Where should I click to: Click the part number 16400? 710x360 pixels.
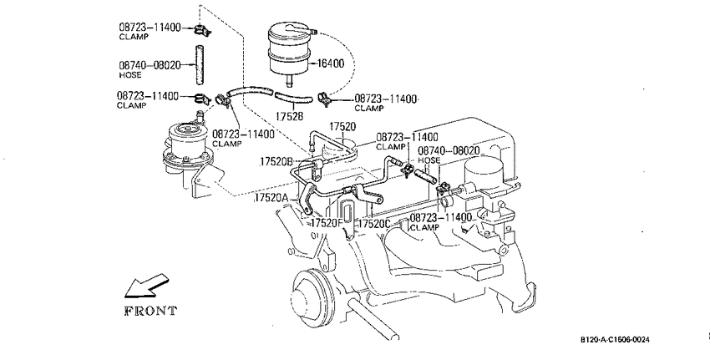[x=330, y=63]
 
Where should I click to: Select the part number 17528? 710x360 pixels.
[x=289, y=117]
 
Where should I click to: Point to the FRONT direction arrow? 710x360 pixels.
[x=146, y=286]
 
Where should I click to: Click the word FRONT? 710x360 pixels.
[x=150, y=311]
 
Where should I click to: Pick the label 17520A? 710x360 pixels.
[x=271, y=198]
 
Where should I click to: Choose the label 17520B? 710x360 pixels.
[x=276, y=162]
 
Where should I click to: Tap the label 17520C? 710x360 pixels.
[x=374, y=224]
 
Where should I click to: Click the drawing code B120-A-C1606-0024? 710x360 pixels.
[x=616, y=340]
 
